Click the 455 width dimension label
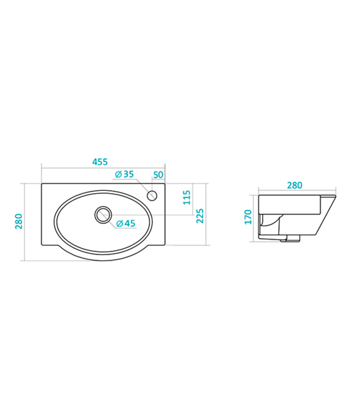click(x=100, y=162)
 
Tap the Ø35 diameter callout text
click(x=124, y=174)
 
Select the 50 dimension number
click(x=158, y=175)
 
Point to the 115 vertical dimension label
click(x=186, y=197)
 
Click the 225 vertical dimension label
click(x=200, y=216)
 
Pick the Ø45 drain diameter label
click(x=125, y=223)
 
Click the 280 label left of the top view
click(x=19, y=221)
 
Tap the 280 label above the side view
click(x=295, y=185)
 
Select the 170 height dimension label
click(x=248, y=217)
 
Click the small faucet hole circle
click(x=152, y=196)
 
